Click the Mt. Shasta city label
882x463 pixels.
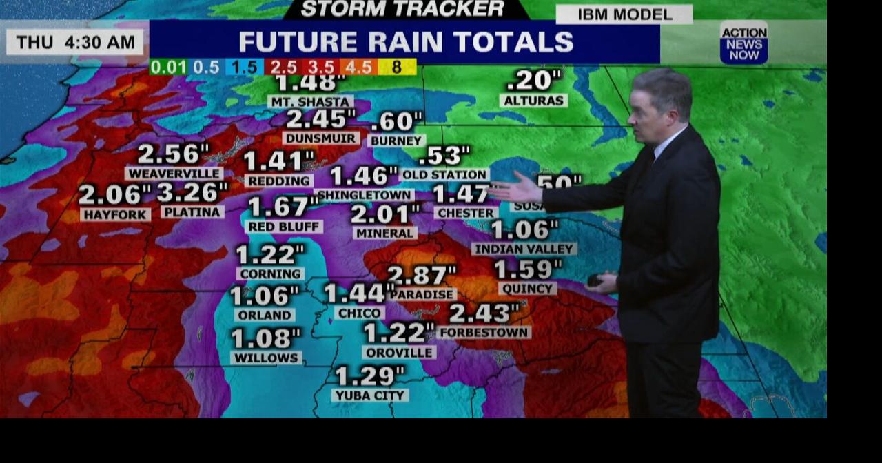point(310,101)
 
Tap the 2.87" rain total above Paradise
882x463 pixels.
point(421,275)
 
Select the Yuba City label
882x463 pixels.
point(370,395)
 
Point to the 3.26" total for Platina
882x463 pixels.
point(192,192)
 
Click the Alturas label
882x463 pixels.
point(533,101)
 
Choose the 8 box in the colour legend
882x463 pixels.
point(398,68)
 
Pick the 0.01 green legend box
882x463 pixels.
point(167,68)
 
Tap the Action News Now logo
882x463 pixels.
point(743,43)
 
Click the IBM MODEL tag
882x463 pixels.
point(624,14)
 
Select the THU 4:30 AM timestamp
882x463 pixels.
point(76,42)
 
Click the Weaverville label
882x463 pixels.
point(174,174)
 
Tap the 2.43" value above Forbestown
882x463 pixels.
point(484,313)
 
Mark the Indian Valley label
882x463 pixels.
point(524,249)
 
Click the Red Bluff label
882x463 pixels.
point(284,227)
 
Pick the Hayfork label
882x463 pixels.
point(115,215)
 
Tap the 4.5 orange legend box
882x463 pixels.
point(358,68)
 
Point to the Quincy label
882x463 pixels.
point(527,289)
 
